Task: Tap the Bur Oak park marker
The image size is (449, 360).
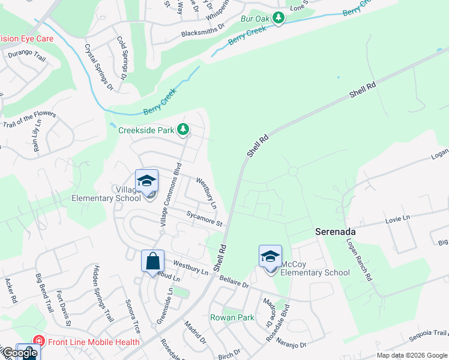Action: (x=278, y=19)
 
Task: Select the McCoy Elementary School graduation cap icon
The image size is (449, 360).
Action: (x=270, y=256)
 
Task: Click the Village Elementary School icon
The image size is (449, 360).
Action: (x=146, y=182)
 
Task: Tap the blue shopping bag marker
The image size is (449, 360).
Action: (x=152, y=261)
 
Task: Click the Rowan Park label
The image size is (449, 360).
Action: (x=232, y=317)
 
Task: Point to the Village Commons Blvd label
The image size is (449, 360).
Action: (x=169, y=194)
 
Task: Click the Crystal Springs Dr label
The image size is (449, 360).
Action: (x=98, y=67)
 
